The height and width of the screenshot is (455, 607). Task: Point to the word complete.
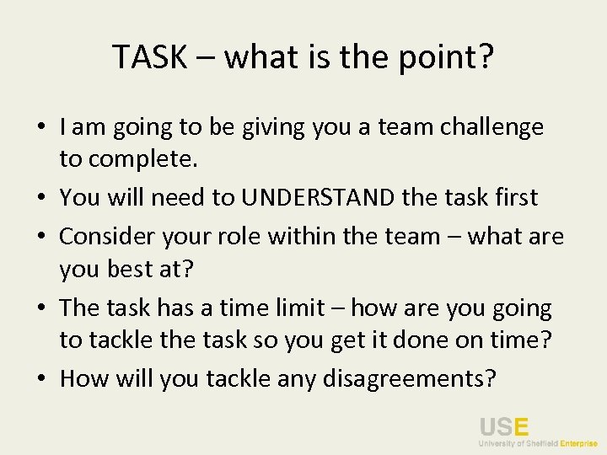(x=142, y=158)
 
